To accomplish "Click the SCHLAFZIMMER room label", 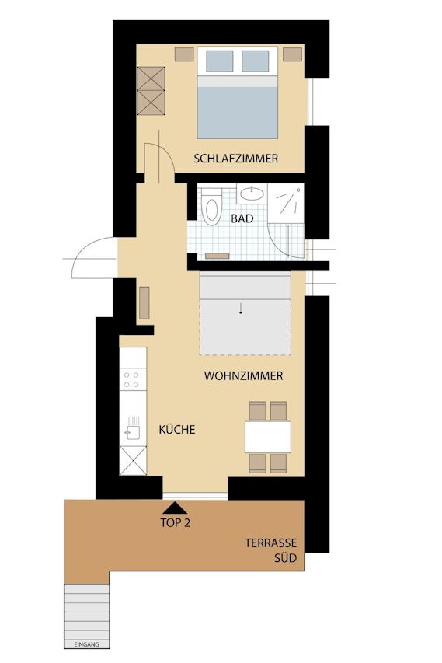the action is coord(236,159).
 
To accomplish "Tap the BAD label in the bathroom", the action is coord(242,218).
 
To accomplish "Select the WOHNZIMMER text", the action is coord(243,375).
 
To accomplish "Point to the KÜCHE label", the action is coord(177,429).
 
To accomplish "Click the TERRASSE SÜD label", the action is coord(271,550).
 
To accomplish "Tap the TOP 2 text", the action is coord(176,522).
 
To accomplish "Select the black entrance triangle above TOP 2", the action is coord(175,507).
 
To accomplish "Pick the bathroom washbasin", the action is coord(252,194).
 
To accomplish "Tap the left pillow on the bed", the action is coord(219,61).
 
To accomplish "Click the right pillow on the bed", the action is coord(256,61).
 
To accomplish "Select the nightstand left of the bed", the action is coord(184,54).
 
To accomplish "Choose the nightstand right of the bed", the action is coord(292,54).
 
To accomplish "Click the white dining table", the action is coord(268,437).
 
